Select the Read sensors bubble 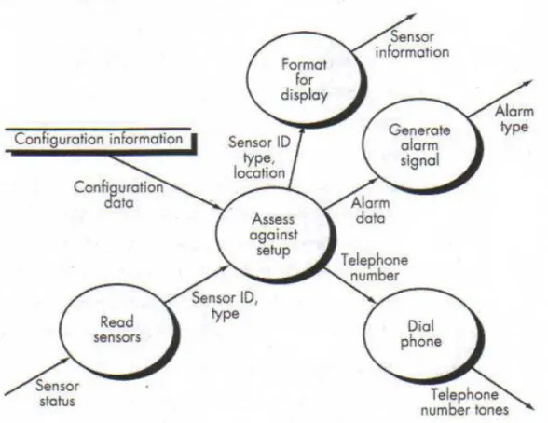tap(119, 330)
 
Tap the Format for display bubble tap(305, 79)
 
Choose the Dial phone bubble tap(422, 334)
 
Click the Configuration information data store tap(100, 140)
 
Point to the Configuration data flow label tap(119, 195)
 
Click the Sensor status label tap(58, 393)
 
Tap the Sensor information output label tap(412, 45)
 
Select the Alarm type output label tap(514, 119)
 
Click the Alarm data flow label tap(371, 211)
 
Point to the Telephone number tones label tap(465, 403)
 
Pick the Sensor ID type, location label tap(259, 157)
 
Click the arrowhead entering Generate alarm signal tap(373, 182)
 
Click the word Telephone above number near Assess tap(375, 261)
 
